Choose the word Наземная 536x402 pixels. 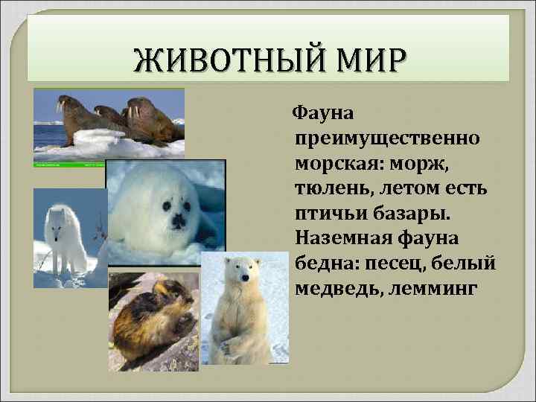coord(342,238)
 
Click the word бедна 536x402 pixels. coord(322,264)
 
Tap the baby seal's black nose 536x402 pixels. coord(177,220)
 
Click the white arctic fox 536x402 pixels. coord(66,238)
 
